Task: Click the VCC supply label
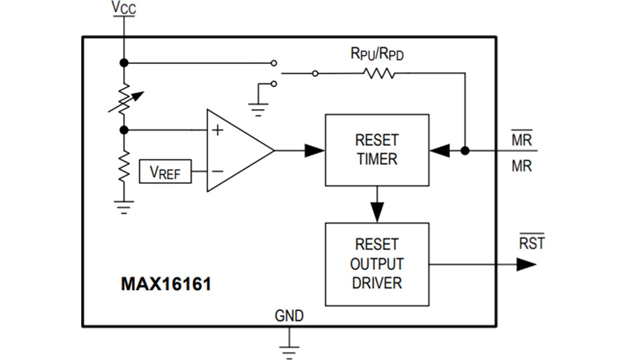(x=124, y=9)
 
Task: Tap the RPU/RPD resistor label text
(x=377, y=54)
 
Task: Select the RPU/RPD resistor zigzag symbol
(x=379, y=74)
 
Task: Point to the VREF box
(x=165, y=172)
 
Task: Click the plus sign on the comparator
(x=217, y=130)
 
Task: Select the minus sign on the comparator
(x=217, y=172)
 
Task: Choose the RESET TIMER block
(x=377, y=150)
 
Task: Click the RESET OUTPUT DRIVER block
(x=377, y=264)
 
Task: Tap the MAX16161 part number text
(x=166, y=285)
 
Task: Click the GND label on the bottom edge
(x=289, y=316)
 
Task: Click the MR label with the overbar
(x=521, y=140)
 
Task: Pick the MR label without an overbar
(x=521, y=167)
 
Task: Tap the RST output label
(x=532, y=243)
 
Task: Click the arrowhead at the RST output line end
(x=526, y=264)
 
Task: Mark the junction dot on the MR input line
(x=464, y=150)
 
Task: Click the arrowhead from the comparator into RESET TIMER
(x=314, y=150)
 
